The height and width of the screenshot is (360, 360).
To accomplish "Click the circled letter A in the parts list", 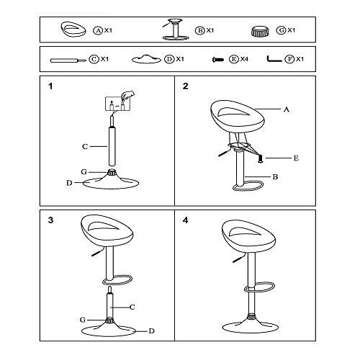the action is pyautogui.click(x=98, y=30).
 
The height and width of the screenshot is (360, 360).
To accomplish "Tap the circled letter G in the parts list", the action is pyautogui.click(x=281, y=30).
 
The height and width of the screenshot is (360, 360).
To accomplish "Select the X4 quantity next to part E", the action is pyautogui.click(x=244, y=59).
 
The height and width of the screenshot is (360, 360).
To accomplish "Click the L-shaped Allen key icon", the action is pyautogui.click(x=274, y=60).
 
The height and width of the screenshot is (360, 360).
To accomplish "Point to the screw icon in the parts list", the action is pyautogui.click(x=218, y=59).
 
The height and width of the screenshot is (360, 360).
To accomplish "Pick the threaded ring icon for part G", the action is pyautogui.click(x=260, y=32).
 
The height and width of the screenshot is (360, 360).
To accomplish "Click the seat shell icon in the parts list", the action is pyautogui.click(x=73, y=30).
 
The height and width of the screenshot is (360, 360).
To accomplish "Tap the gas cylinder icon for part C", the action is pyautogui.click(x=68, y=60).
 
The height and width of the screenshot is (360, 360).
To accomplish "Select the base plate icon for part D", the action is pyautogui.click(x=146, y=59).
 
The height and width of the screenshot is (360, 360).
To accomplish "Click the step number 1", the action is pyautogui.click(x=50, y=86).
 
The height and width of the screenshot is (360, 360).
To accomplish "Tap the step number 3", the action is pyautogui.click(x=50, y=220).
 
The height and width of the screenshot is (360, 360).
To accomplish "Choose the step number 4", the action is pyautogui.click(x=185, y=220).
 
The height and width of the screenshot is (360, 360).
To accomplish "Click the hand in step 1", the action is pyautogui.click(x=128, y=94).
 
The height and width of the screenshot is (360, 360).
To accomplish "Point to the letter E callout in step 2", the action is pyautogui.click(x=296, y=158).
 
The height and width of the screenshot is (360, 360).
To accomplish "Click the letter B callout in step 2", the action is pyautogui.click(x=275, y=177).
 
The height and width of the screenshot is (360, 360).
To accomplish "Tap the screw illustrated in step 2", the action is pyautogui.click(x=261, y=159).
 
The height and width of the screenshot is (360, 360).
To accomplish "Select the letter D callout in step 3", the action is pyautogui.click(x=151, y=331).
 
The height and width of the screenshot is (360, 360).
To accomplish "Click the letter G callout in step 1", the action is pyautogui.click(x=84, y=172).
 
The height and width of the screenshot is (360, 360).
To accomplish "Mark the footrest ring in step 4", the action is pyautogui.click(x=260, y=287).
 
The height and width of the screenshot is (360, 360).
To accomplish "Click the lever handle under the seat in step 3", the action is pyautogui.click(x=98, y=253).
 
